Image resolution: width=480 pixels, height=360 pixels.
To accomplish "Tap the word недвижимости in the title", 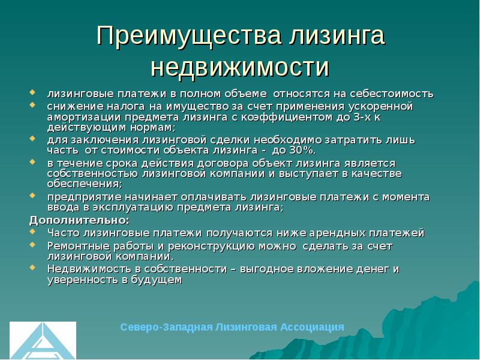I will tap(240, 66).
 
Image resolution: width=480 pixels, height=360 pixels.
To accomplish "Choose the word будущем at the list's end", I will tap(160, 280).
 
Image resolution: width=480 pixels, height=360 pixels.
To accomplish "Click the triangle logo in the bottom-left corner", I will tap(42, 340).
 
